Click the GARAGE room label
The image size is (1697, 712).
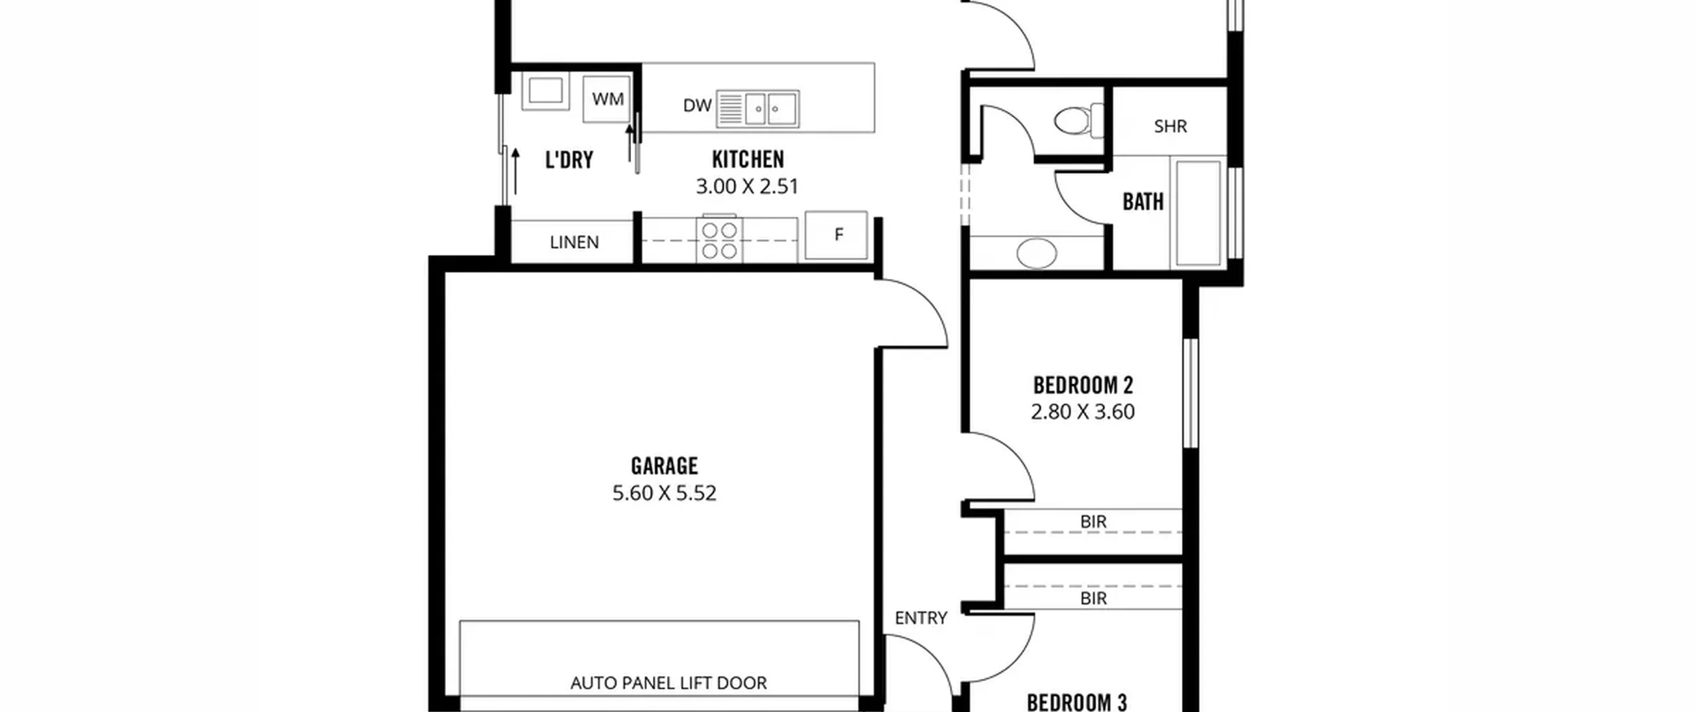click(x=664, y=466)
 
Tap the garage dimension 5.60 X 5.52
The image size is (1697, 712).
click(x=664, y=493)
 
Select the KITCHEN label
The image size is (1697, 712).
click(x=748, y=159)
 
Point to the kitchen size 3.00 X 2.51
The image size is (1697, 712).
click(x=747, y=186)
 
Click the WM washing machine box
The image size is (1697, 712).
click(x=607, y=99)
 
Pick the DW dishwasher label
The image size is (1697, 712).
click(x=697, y=105)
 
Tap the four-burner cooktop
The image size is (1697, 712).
click(x=719, y=240)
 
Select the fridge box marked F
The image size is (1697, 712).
click(x=837, y=235)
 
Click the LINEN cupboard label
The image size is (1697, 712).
click(x=574, y=242)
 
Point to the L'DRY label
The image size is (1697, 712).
click(x=569, y=160)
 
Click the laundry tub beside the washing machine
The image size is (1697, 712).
click(x=546, y=91)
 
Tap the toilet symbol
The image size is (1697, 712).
click(x=1079, y=121)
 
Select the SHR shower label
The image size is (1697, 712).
click(x=1170, y=126)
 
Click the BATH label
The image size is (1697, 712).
click(x=1143, y=201)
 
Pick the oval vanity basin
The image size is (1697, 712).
click(x=1037, y=253)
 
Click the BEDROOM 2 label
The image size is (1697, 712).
click(x=1083, y=385)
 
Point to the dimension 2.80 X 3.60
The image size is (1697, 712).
click(x=1083, y=412)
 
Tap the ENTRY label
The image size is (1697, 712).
click(x=921, y=618)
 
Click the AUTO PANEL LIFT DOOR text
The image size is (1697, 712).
click(x=668, y=683)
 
